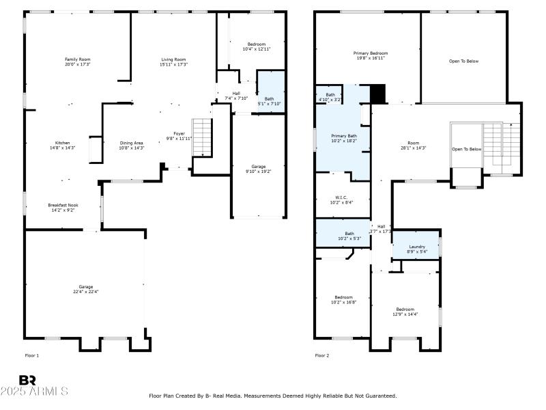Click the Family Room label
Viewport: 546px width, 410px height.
[x=77, y=59]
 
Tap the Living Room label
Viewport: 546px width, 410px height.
[x=173, y=59]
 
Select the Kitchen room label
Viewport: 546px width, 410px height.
[x=57, y=143]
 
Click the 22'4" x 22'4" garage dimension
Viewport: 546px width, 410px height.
[x=85, y=292]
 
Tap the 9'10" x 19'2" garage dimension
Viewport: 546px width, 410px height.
[x=258, y=172]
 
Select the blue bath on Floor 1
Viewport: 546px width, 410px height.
[x=270, y=91]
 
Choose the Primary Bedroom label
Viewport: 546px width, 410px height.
[x=371, y=53]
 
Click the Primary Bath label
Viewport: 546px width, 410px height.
[x=344, y=136]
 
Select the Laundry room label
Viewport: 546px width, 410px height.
[x=417, y=247]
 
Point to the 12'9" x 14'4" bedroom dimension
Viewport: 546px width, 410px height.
[x=405, y=314]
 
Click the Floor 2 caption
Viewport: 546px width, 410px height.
[x=322, y=355]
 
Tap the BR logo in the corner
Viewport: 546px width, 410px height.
[x=27, y=380]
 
